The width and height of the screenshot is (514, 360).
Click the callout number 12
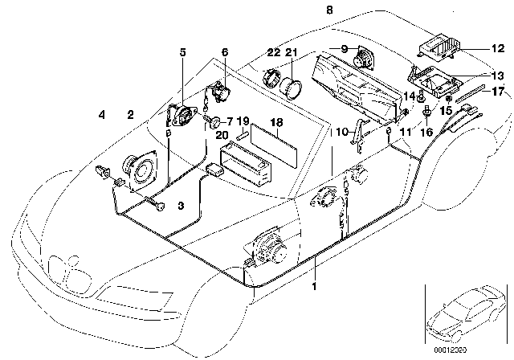click(498, 48)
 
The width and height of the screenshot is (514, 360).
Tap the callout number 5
click(182, 51)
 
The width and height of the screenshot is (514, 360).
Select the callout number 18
click(276, 123)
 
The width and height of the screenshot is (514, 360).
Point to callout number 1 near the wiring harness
click(314, 286)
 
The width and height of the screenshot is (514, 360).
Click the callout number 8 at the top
click(329, 10)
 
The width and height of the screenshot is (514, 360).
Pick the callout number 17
click(498, 91)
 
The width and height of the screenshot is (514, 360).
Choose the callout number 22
click(274, 52)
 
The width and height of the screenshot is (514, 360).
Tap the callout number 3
click(181, 206)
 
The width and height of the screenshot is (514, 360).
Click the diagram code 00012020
click(450, 350)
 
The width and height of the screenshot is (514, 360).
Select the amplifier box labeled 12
click(437, 48)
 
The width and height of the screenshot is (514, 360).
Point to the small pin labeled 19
click(243, 136)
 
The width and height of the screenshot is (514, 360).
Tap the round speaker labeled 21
click(290, 88)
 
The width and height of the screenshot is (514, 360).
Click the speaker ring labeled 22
click(271, 79)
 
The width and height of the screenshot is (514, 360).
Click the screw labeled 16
click(426, 111)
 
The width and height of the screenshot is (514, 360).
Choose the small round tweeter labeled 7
click(214, 122)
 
